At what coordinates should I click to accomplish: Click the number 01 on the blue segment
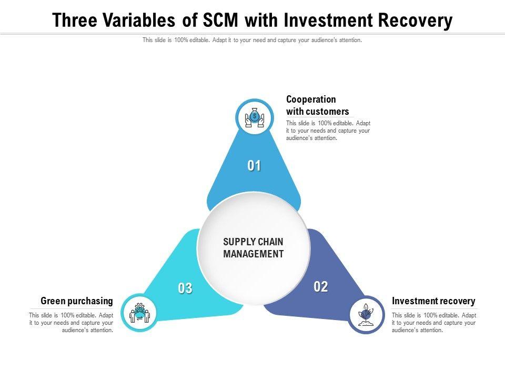[255, 166]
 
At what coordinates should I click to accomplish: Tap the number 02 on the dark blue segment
[321, 287]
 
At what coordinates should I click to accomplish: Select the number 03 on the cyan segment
[185, 288]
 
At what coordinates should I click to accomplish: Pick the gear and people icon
[139, 313]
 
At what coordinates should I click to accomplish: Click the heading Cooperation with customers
[317, 105]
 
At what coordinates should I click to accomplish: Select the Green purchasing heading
[77, 301]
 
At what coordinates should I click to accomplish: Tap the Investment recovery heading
[433, 301]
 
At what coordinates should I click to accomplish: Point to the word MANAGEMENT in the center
[254, 254]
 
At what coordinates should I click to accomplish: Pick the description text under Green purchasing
[71, 323]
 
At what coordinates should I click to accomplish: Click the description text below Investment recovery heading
[433, 323]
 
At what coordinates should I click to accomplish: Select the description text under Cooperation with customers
[328, 131]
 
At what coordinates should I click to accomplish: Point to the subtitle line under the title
[252, 40]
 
